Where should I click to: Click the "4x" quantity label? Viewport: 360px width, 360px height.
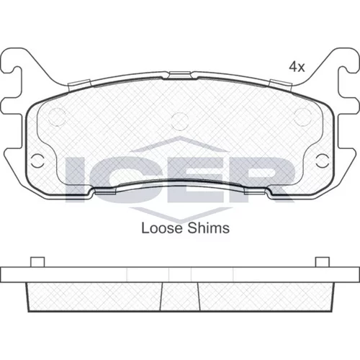click(x=297, y=66)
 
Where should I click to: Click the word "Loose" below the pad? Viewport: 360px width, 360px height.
click(x=162, y=228)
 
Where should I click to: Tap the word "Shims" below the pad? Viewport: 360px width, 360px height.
click(x=208, y=228)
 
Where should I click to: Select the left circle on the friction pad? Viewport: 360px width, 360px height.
click(x=57, y=117)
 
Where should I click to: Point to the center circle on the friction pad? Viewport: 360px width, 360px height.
click(x=180, y=121)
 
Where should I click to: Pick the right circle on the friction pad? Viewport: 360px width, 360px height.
click(x=303, y=117)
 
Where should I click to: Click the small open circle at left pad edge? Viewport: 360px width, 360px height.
click(x=37, y=161)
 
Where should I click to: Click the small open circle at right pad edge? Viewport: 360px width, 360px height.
click(x=323, y=161)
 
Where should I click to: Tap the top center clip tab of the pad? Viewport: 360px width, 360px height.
click(x=180, y=75)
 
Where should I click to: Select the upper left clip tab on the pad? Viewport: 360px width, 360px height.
click(x=80, y=85)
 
